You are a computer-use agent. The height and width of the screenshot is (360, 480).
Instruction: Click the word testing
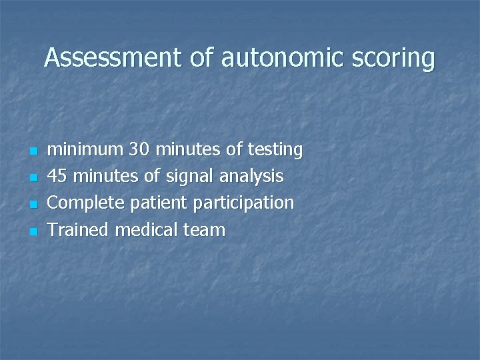point(274,151)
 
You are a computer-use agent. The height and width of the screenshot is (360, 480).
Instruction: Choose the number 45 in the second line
point(59,177)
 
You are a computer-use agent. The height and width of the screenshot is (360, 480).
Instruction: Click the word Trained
point(79,231)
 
